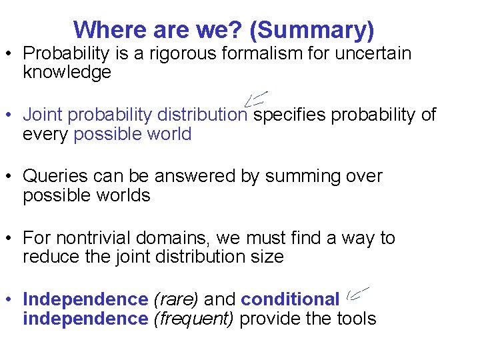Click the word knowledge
pos(67,73)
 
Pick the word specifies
pos(290,115)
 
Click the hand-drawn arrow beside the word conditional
pos(357,293)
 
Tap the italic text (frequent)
pos(193,319)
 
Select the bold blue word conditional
pos(290,300)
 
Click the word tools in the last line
pos(357,319)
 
